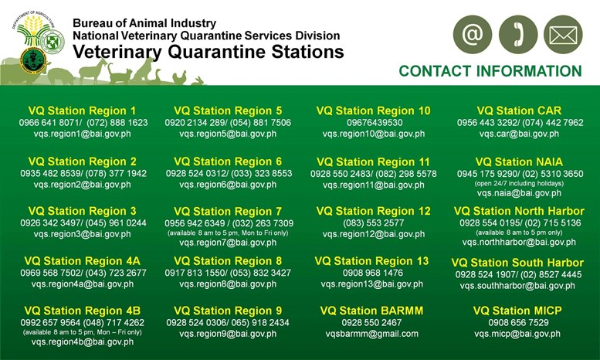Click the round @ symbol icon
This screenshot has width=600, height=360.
pyautogui.click(x=472, y=35)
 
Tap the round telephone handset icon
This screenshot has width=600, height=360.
pyautogui.click(x=518, y=35)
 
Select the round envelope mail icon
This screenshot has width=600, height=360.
pyautogui.click(x=563, y=35)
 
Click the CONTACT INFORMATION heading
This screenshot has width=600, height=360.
pyautogui.click(x=490, y=71)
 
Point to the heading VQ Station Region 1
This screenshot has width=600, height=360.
pyautogui.click(x=83, y=110)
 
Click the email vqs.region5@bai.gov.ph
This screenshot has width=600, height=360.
pyautogui.click(x=228, y=134)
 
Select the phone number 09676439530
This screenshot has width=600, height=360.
pyautogui.click(x=375, y=123)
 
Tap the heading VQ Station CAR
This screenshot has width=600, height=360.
pyautogui.click(x=519, y=110)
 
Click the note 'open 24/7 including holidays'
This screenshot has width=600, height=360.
pyautogui.click(x=519, y=183)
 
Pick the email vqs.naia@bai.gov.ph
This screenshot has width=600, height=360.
pyautogui.click(x=519, y=193)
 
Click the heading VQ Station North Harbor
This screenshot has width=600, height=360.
pyautogui.click(x=519, y=211)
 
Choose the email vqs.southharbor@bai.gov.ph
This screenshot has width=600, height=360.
pyautogui.click(x=517, y=286)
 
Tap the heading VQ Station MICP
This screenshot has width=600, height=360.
pyautogui.click(x=517, y=311)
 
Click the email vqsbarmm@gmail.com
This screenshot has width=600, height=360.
pyautogui.click(x=372, y=334)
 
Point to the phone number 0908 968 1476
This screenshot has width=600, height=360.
pyautogui.click(x=373, y=273)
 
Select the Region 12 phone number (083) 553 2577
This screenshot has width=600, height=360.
pyautogui.click(x=374, y=223)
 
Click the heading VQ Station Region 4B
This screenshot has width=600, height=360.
pyautogui.click(x=83, y=311)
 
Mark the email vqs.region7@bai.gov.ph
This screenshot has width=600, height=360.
pyautogui.click(x=228, y=243)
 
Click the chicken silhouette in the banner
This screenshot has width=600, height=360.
pyautogui.click(x=179, y=77)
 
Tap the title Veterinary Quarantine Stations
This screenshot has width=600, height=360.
pyautogui.click(x=208, y=52)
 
